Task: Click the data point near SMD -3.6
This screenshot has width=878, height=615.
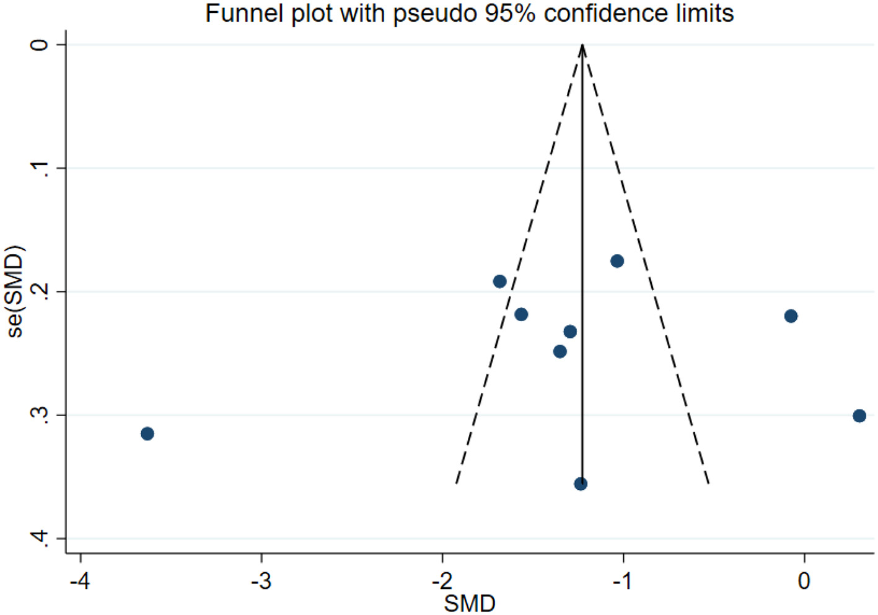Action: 147,433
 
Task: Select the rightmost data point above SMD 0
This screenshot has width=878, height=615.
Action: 859,416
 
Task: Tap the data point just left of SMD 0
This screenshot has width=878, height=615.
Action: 791,316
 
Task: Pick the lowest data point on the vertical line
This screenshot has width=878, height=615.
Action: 581,484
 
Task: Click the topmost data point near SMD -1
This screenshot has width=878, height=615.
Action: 617,261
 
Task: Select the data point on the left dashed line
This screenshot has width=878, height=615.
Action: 500,281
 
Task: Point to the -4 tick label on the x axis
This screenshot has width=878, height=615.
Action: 80,581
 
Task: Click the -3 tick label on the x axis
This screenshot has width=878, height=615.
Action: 261,581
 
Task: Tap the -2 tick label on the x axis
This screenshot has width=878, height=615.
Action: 442,581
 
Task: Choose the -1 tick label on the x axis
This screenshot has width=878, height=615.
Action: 623,581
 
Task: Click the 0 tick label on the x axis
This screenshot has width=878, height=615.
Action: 804,581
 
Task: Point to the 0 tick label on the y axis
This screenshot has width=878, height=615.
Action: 40,45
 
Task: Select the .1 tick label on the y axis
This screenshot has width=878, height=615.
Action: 40,167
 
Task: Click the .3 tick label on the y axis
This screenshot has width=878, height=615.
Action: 40,414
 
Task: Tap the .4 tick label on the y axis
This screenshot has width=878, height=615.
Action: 40,538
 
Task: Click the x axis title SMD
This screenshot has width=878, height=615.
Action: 470,603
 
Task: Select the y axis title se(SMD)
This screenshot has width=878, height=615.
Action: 15,291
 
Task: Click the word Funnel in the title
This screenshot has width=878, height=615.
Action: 240,13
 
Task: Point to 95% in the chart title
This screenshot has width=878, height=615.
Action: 510,13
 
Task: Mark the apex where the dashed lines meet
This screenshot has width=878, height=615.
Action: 582,45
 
